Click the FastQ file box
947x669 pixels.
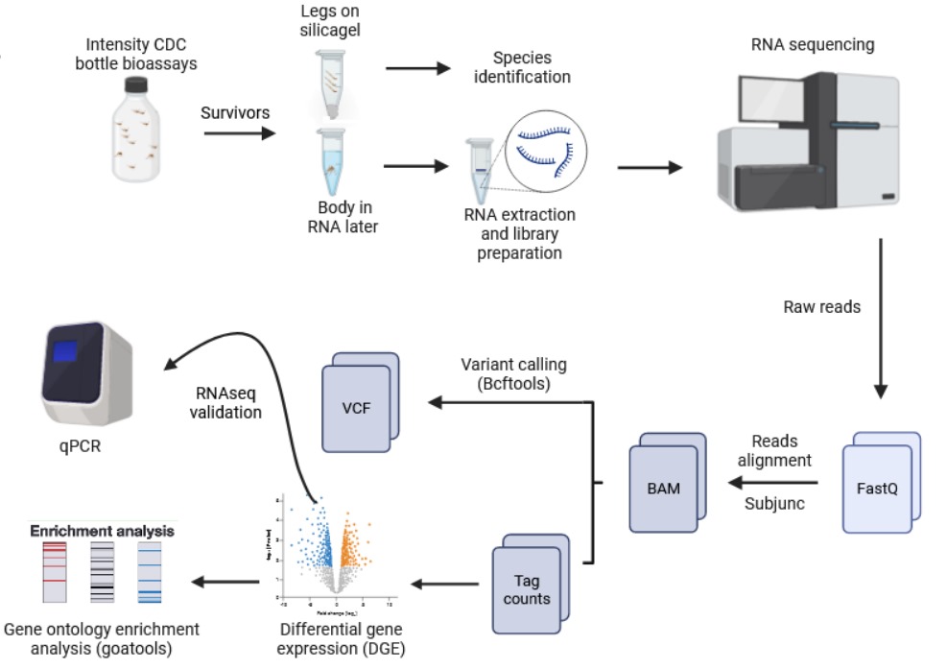pos(879,484)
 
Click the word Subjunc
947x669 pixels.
pos(774,503)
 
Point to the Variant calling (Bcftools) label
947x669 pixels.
pos(513,373)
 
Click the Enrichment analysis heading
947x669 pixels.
pos(102,530)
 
